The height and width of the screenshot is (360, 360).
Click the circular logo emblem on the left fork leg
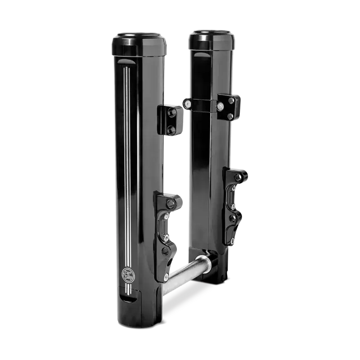point(126,274)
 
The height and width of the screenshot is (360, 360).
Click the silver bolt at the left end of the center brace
point(185,105)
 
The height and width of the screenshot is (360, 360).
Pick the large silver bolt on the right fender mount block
point(221,107)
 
